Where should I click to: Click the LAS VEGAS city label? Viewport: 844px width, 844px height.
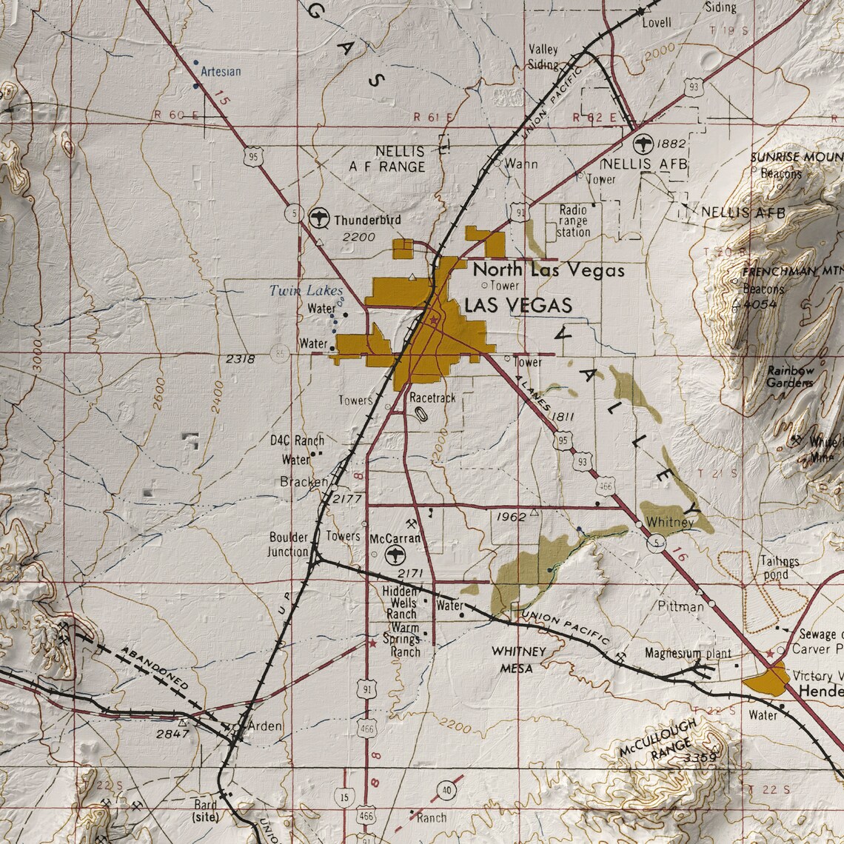(518, 306)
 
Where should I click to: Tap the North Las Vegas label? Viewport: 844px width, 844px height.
(549, 269)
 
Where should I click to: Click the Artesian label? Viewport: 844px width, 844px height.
(221, 72)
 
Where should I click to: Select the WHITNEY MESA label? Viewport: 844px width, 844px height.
(519, 659)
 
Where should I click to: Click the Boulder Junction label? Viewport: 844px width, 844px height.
(289, 544)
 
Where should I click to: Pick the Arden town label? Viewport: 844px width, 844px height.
(264, 726)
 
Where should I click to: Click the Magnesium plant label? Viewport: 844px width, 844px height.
(688, 654)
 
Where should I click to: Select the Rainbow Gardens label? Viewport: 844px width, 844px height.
(790, 376)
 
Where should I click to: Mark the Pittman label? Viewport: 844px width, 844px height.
(681, 606)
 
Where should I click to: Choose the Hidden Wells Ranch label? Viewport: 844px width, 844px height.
(401, 603)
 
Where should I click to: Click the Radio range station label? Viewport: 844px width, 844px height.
(573, 221)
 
